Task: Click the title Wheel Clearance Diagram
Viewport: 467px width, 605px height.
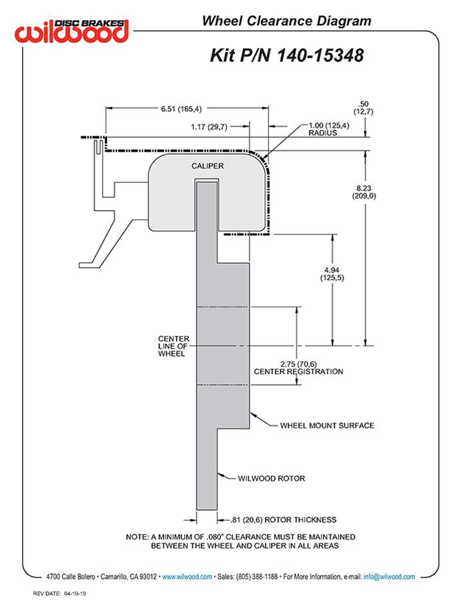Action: (286, 21)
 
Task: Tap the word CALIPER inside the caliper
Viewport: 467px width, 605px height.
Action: (207, 166)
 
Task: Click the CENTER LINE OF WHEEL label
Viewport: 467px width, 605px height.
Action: (173, 346)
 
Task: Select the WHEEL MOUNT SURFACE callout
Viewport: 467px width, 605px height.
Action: (327, 425)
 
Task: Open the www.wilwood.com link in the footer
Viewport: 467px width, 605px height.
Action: (187, 577)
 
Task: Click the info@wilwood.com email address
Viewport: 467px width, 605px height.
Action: (389, 577)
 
